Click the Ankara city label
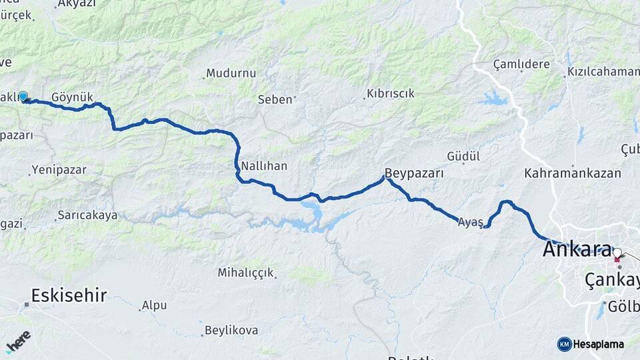point(577,249)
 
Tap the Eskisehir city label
point(69,295)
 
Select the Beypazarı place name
point(414,173)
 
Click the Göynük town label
point(72,97)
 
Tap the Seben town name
point(275,99)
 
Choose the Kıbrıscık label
point(391,94)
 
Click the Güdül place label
point(463,157)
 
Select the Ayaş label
point(470,223)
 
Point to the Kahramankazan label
point(573,173)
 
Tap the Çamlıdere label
point(521,65)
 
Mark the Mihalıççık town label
point(245,273)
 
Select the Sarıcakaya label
point(87,215)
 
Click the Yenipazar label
point(59,170)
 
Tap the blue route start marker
point(23,97)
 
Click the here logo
point(19,341)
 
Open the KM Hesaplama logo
point(591,344)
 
